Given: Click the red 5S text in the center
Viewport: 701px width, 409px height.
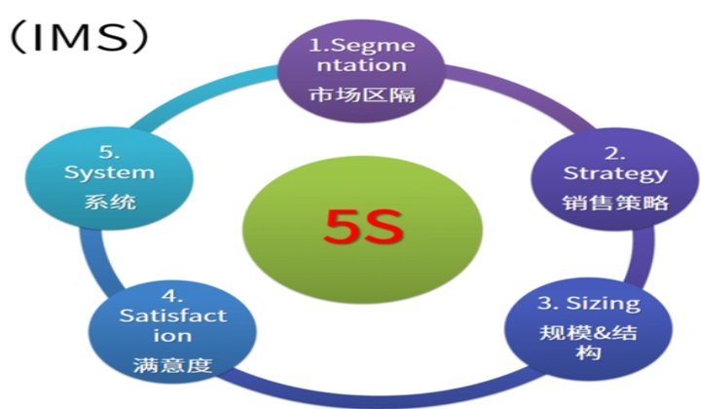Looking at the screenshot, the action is coord(363,226).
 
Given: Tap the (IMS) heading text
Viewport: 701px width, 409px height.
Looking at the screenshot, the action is coord(79,38).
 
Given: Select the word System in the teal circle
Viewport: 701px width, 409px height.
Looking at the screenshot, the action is coord(109,173).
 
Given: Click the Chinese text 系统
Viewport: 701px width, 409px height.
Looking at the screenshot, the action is coord(110,202).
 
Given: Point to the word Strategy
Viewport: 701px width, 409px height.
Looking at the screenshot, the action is coord(615,174).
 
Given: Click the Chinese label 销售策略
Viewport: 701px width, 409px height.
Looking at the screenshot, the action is coord(615,203).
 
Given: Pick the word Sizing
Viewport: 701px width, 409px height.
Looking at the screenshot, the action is coord(604,304).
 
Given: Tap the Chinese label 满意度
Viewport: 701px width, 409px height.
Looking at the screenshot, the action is coord(172,365).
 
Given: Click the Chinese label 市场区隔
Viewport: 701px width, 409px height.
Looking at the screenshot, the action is coord(362,94).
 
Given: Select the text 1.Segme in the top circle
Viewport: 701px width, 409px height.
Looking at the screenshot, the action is coord(362,46).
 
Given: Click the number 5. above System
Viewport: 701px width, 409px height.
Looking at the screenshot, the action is coord(109,153).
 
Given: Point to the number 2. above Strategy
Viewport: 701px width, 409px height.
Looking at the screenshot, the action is coord(615,153).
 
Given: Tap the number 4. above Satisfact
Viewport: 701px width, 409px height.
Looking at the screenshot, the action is coord(172,296).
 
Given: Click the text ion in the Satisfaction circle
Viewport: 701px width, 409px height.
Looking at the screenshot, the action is coord(172,336).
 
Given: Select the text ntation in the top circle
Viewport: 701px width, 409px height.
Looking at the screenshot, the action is coord(362,65).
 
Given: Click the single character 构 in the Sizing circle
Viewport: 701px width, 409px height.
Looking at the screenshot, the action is coord(588,353).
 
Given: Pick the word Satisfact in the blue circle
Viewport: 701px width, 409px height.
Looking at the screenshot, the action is coord(173,316).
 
